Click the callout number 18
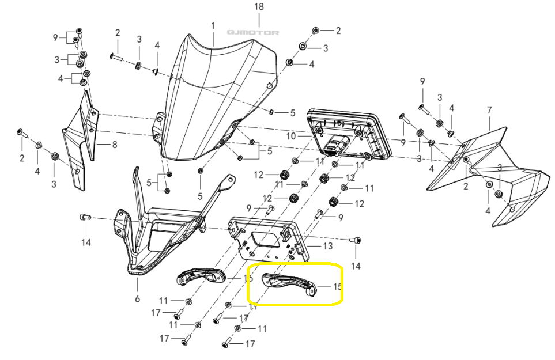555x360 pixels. point(259,7)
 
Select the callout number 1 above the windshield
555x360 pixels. point(213,26)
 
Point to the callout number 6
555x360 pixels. point(137,298)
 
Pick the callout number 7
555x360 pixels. point(489,109)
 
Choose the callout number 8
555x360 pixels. point(114,145)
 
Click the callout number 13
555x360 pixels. point(328,246)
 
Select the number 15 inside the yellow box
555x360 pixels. point(337,286)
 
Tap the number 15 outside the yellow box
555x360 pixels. point(248,279)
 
